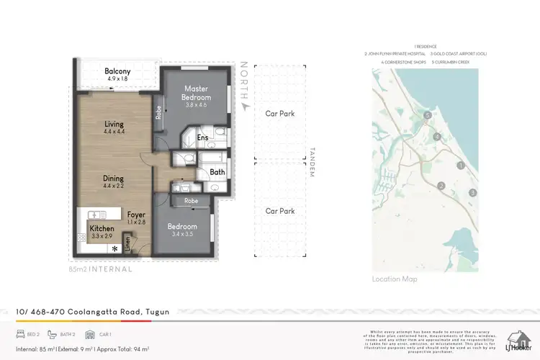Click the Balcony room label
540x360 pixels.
117,71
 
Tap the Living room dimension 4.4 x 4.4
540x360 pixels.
114,132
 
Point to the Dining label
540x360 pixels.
113,179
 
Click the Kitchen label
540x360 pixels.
102,228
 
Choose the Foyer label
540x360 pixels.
136,215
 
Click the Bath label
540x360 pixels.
217,173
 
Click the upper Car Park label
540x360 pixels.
279,114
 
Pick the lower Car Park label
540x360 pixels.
279,211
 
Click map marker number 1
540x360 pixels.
460,166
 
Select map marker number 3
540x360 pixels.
472,192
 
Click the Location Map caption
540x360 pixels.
395,279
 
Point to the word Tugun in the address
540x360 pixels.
157,312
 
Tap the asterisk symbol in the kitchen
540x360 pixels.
114,248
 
